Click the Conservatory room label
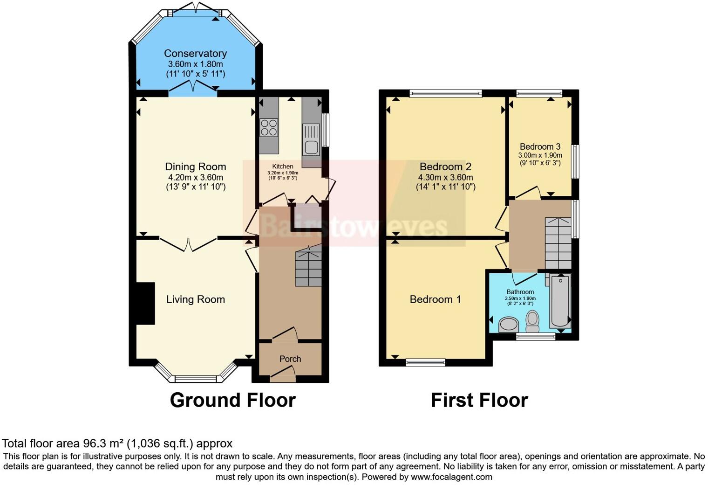click(x=195, y=54)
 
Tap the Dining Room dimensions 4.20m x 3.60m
click(x=196, y=177)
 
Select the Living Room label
click(x=195, y=299)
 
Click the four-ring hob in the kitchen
click(x=269, y=127)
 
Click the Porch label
click(x=290, y=359)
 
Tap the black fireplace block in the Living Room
click(x=145, y=303)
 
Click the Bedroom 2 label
click(x=445, y=166)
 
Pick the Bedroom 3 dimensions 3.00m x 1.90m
click(x=540, y=155)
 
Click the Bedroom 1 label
click(x=435, y=299)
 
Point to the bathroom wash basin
click(x=509, y=325)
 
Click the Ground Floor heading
click(x=232, y=400)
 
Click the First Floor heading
click(x=479, y=400)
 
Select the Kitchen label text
click(x=282, y=166)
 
